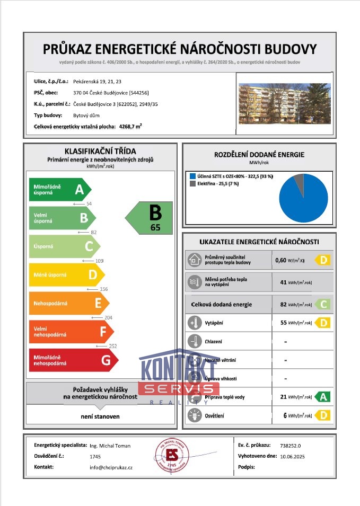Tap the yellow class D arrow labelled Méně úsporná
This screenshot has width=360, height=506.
pyautogui.click(x=66, y=274)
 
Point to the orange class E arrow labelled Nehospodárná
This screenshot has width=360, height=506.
pyautogui.click(x=68, y=303)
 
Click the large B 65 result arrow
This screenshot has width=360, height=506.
pyautogui.click(x=150, y=217)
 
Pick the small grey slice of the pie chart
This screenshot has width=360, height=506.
pyautogui.click(x=299, y=180)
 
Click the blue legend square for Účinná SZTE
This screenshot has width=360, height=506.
pyautogui.click(x=192, y=175)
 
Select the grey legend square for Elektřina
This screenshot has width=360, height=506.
pyautogui.click(x=192, y=184)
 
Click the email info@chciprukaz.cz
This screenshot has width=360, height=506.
pyautogui.click(x=111, y=467)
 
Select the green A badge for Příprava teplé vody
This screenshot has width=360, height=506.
pyautogui.click(x=322, y=396)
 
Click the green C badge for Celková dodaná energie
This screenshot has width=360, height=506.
pyautogui.click(x=322, y=304)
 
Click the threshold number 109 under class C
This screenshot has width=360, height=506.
pyautogui.click(x=99, y=261)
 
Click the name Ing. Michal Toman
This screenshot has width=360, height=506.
pyautogui.click(x=110, y=446)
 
